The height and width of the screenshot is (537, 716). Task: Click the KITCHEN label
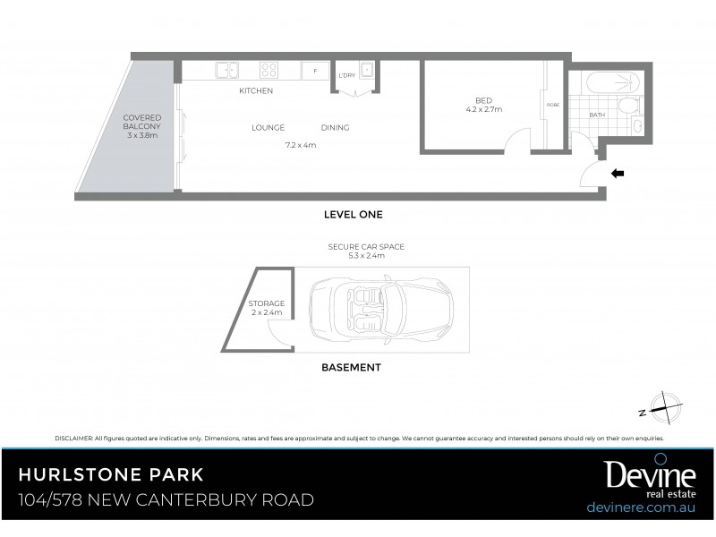256,91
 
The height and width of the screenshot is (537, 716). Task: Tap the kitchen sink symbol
226,69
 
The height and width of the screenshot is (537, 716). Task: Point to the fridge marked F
315,69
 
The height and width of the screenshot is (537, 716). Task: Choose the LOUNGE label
268,128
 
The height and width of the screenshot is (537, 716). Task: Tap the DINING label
335,128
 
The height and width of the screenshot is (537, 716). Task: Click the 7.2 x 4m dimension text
301,144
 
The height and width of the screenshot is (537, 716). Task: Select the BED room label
484,100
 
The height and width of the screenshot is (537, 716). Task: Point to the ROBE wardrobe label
553,105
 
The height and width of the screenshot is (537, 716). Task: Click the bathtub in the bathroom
614,83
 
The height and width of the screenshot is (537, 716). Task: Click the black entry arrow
617,172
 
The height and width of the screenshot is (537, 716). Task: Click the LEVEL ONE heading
353,215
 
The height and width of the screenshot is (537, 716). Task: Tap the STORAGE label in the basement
267,303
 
